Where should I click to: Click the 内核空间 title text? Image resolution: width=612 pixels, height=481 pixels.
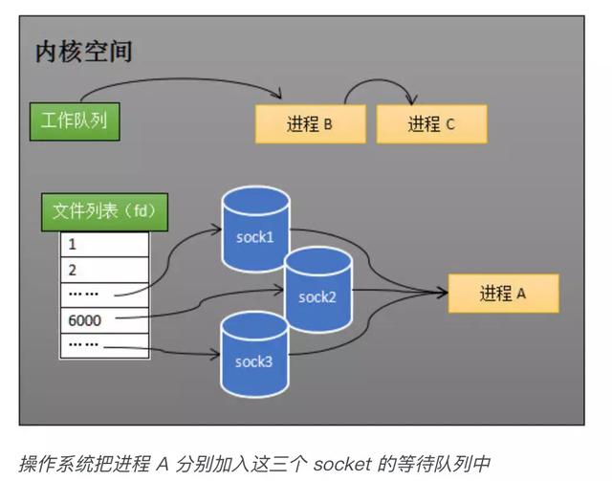83,52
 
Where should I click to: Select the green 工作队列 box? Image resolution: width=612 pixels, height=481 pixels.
74,121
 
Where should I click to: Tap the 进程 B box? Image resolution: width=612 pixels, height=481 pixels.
310,124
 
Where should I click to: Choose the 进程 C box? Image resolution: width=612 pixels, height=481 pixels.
431,124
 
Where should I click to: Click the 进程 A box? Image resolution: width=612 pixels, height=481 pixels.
503,294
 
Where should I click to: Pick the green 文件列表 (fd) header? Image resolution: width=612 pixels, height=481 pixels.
103,212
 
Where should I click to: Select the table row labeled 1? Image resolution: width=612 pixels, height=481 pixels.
104,245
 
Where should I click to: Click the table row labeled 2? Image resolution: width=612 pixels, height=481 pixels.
104,270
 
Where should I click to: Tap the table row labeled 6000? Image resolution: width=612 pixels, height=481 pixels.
104,320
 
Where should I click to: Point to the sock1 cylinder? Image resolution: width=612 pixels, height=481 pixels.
254,232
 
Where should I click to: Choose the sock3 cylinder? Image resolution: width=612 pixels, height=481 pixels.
254,359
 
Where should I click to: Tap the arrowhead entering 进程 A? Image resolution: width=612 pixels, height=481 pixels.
442,293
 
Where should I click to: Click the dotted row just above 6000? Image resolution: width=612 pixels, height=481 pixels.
104,295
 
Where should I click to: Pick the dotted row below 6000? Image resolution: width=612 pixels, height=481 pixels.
104,344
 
